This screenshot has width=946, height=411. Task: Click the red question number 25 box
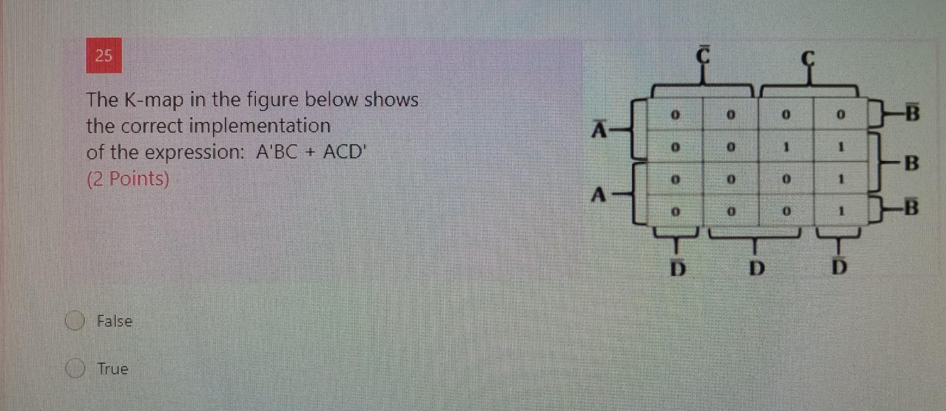104,55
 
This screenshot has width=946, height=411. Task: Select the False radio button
74,321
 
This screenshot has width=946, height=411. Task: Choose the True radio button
74,369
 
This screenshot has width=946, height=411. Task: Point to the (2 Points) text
128,179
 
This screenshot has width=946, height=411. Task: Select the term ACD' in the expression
343,152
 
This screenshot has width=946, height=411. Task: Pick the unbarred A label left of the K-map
598,194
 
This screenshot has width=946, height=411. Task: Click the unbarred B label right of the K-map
912,163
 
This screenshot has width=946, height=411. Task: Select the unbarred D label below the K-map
757,268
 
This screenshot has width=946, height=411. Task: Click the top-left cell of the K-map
676,115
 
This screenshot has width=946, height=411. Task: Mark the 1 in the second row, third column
787,147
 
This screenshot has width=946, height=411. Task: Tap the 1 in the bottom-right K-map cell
842,212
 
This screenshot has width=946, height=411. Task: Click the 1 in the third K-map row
842,180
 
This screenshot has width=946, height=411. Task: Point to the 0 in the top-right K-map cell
842,115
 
